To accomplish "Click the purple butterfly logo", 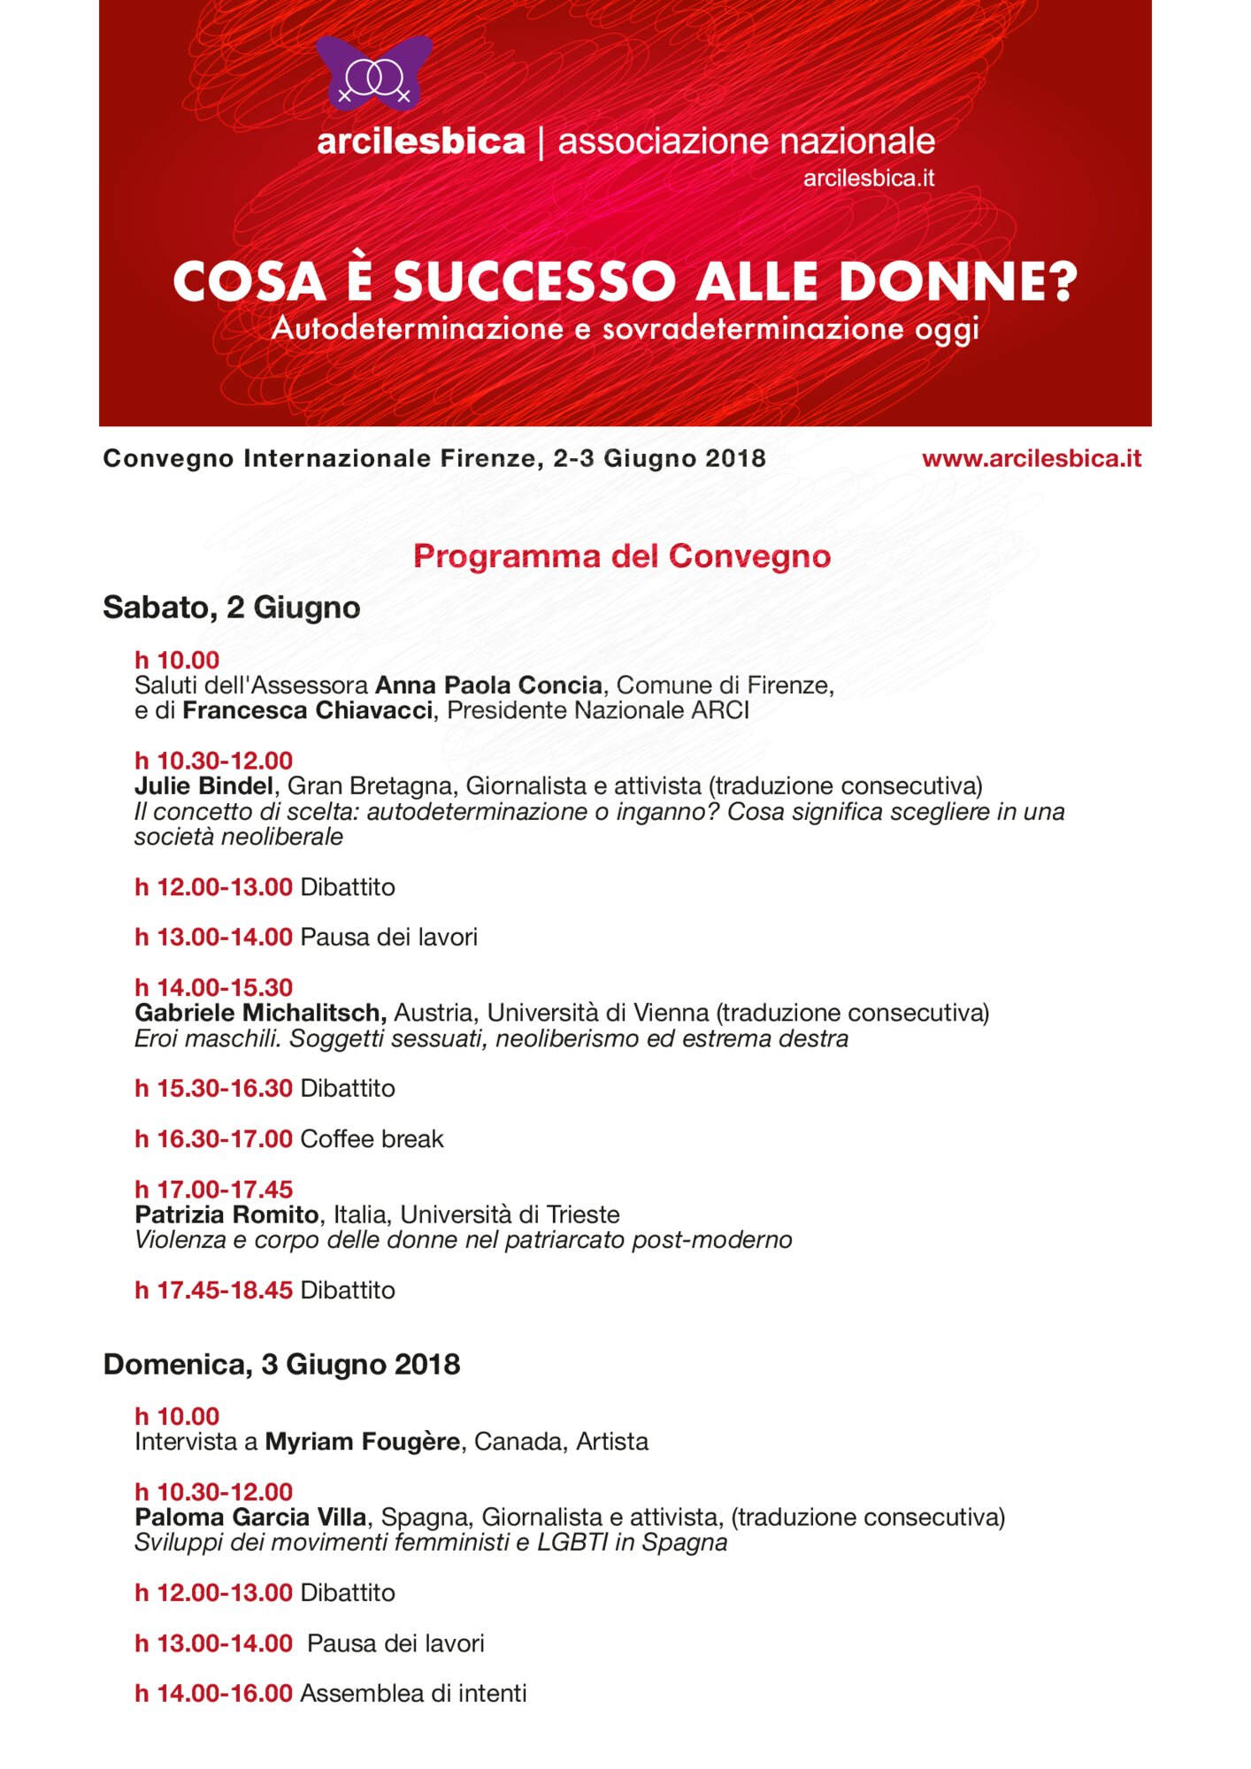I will click(373, 73).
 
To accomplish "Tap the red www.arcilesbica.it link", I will click(1031, 458).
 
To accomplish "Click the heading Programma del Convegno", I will click(622, 556).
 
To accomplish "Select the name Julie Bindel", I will click(203, 785).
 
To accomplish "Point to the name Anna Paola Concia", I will click(488, 685).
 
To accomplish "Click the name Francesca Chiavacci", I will click(307, 710).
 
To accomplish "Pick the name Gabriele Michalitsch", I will click(260, 1013).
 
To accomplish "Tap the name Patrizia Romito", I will click(226, 1214).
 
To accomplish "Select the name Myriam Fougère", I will click(362, 1442).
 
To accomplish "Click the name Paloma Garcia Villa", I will click(250, 1518).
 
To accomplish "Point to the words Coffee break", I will click(372, 1139).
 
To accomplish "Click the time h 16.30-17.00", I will click(213, 1139).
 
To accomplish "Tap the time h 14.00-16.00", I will click(213, 1694).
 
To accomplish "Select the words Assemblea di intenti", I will click(413, 1694).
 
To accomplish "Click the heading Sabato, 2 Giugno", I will click(232, 608).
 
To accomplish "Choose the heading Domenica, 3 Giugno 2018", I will click(281, 1365).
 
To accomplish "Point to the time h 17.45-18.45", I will click(213, 1290).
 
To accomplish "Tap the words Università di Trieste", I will click(510, 1214).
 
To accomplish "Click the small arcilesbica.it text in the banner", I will click(868, 179).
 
